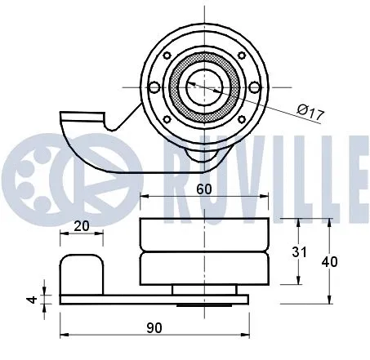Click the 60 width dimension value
tap(205, 188)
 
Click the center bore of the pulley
tap(199, 83)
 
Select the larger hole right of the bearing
tap(254, 87)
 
